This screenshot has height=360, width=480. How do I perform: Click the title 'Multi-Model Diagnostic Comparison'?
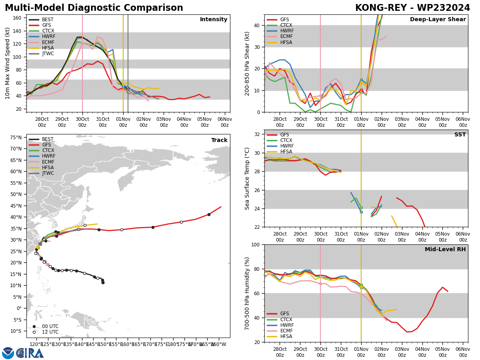click(94, 8)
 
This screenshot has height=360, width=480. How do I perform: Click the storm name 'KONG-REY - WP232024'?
click(412, 8)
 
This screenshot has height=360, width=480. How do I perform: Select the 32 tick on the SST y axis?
click(258, 134)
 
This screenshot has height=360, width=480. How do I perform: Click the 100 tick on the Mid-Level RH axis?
click(256, 244)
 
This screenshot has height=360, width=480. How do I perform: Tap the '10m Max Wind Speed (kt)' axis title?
click(7, 63)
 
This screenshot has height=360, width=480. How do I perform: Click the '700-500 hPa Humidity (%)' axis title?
click(247, 293)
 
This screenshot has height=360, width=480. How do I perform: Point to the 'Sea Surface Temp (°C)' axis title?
click(247, 178)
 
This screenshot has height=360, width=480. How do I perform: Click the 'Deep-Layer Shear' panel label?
click(438, 20)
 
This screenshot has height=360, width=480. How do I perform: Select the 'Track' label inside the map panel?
click(219, 140)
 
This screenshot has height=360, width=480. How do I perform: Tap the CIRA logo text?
click(30, 353)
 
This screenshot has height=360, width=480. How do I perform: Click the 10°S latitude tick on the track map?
click(16, 331)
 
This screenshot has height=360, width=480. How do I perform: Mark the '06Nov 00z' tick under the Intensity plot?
click(225, 122)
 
